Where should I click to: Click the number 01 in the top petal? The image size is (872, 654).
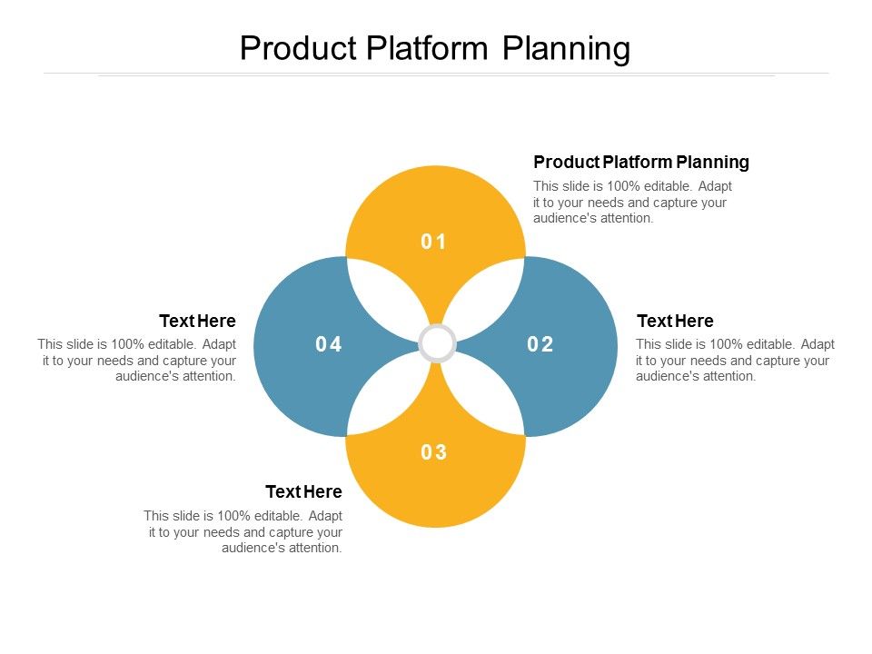pos(434,242)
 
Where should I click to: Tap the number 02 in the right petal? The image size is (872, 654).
pos(540,344)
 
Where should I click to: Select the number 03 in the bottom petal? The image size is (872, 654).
pos(434,452)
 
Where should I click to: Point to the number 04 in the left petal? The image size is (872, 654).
pos(329,344)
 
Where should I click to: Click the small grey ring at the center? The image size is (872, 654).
pos(437,344)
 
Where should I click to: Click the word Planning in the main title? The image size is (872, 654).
pos(566,48)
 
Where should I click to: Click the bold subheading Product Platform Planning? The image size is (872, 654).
pos(641,162)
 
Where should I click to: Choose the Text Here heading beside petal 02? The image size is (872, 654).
pos(675,321)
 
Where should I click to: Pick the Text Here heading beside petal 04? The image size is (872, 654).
pos(197,321)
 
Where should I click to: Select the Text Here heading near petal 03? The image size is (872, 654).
pos(303,491)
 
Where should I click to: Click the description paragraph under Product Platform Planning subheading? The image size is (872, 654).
pos(632,202)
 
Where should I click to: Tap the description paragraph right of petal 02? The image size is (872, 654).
pos(735,360)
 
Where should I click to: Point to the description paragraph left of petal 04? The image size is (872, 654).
pos(137,360)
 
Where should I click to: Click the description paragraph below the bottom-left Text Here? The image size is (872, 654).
pos(243,532)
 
